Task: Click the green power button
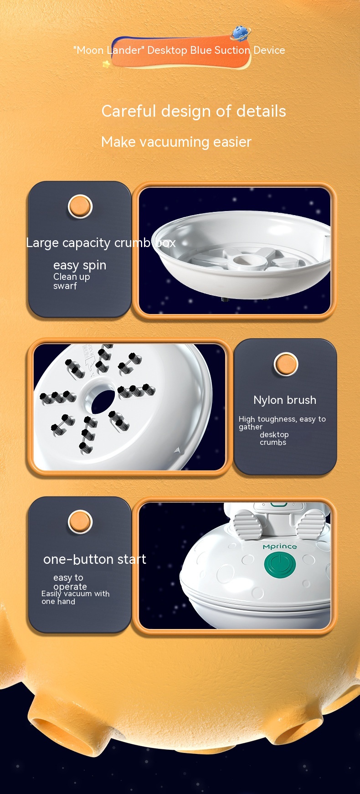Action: pyautogui.click(x=280, y=565)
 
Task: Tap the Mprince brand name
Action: pyautogui.click(x=280, y=546)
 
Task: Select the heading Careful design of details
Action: pyautogui.click(x=194, y=111)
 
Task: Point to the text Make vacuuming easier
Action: pyautogui.click(x=176, y=142)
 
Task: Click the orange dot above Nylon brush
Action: pyautogui.click(x=286, y=365)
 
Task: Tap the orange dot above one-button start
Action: pyautogui.click(x=80, y=522)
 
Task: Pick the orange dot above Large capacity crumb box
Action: pyautogui.click(x=80, y=206)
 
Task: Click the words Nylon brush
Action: pyautogui.click(x=285, y=400)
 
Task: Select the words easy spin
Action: pyautogui.click(x=80, y=265)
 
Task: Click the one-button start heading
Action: pyautogui.click(x=95, y=559)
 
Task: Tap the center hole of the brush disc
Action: pyautogui.click(x=103, y=401)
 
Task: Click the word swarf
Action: pyautogui.click(x=65, y=286)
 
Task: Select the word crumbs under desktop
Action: pyautogui.click(x=273, y=443)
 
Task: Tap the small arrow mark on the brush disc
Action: pyautogui.click(x=177, y=450)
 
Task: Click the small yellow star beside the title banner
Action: pyautogui.click(x=107, y=64)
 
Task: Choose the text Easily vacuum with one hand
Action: pyautogui.click(x=76, y=598)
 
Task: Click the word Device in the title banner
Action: pyautogui.click(x=269, y=50)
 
